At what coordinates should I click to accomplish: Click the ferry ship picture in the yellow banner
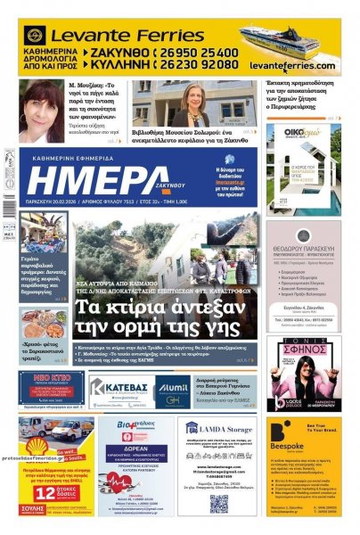(291, 46)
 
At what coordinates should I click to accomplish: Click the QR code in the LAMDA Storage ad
(218, 503)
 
